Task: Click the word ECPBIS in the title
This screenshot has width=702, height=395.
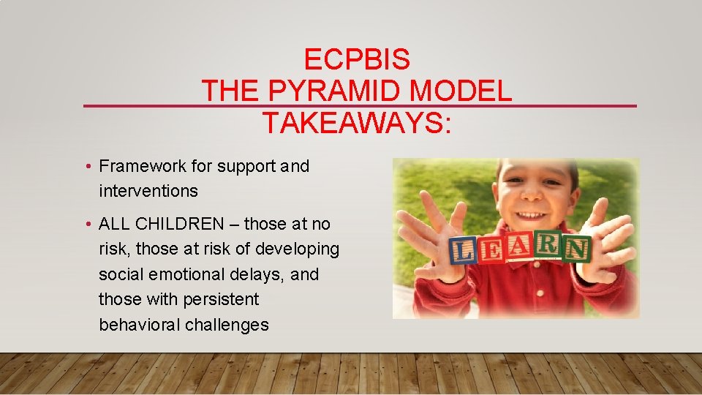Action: click(x=357, y=59)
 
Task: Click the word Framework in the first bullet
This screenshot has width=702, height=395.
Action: click(x=143, y=167)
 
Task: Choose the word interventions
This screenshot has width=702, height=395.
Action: click(x=148, y=191)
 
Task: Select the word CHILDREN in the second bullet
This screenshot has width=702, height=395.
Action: click(x=184, y=224)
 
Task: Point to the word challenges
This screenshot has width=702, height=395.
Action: click(x=227, y=325)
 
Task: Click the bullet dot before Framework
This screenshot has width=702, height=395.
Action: click(x=87, y=167)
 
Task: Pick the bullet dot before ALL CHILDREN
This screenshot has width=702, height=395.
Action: click(x=87, y=224)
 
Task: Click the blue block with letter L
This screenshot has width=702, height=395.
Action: click(x=463, y=251)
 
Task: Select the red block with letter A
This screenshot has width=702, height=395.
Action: click(x=520, y=247)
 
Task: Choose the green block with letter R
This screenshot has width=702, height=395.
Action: click(x=548, y=246)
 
